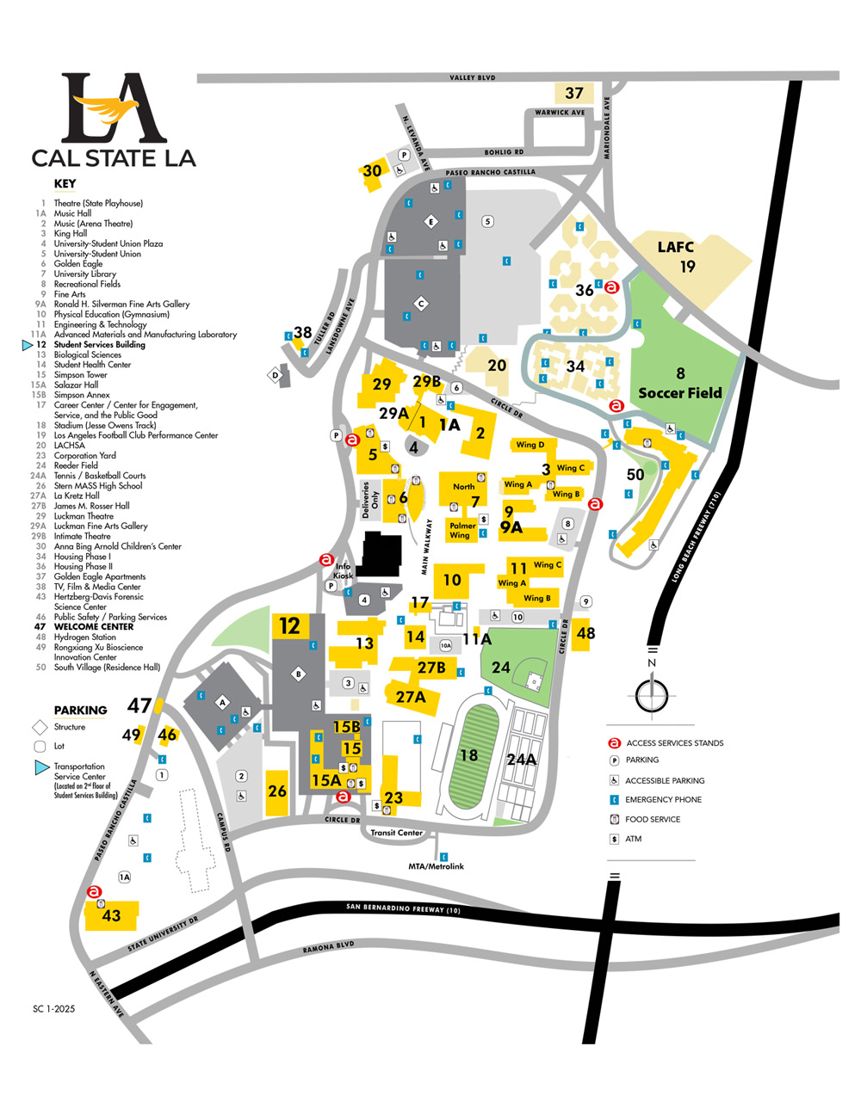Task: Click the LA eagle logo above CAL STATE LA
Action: [114, 109]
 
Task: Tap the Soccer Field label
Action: [680, 392]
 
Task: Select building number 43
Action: [111, 915]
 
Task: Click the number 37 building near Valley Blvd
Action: [574, 93]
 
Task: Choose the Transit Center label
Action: [397, 833]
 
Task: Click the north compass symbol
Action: [652, 694]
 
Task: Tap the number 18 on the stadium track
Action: [468, 755]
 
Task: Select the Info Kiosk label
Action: [344, 570]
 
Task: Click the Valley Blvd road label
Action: [473, 77]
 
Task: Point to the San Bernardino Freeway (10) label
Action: [404, 908]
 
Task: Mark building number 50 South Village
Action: [635, 474]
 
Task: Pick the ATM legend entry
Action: [633, 839]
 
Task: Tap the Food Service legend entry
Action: [652, 819]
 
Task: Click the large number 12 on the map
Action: [290, 626]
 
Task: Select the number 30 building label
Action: [372, 170]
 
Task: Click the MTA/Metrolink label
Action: [436, 866]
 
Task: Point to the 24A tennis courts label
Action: [522, 759]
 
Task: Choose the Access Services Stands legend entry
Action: [674, 743]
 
